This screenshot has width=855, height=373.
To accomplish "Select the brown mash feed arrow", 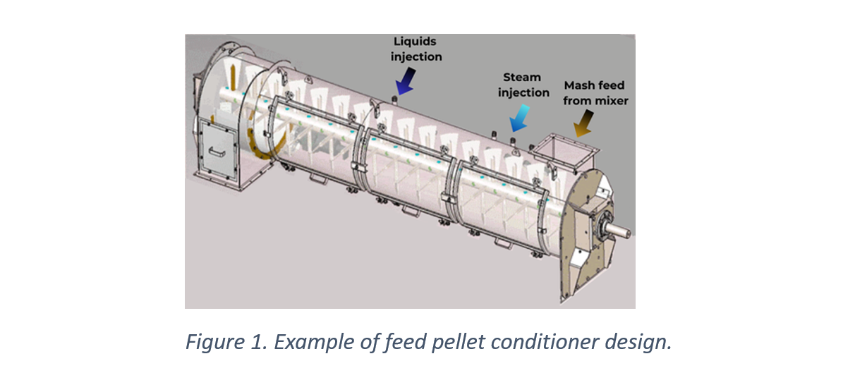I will pyautogui.click(x=583, y=126).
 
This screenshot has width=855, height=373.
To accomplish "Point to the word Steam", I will pyautogui.click(x=522, y=77).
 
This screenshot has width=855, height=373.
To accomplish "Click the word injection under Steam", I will pyautogui.click(x=523, y=92).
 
